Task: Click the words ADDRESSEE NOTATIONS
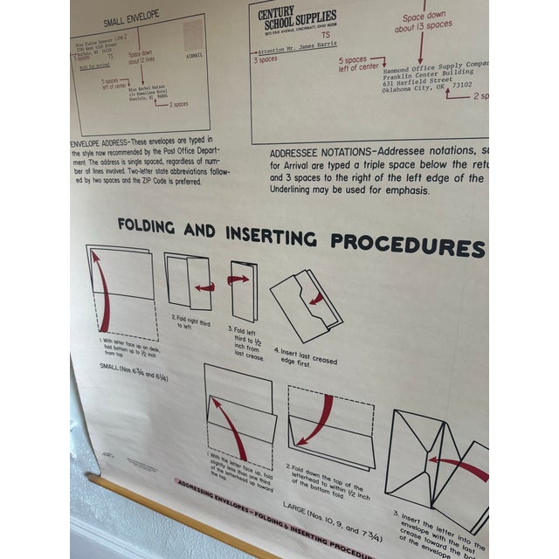coord(328,150)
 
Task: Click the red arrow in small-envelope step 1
coord(102,293)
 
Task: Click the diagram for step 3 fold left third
coord(243,289)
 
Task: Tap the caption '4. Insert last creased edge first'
coord(299,355)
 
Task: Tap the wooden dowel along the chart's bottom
coord(175,515)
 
